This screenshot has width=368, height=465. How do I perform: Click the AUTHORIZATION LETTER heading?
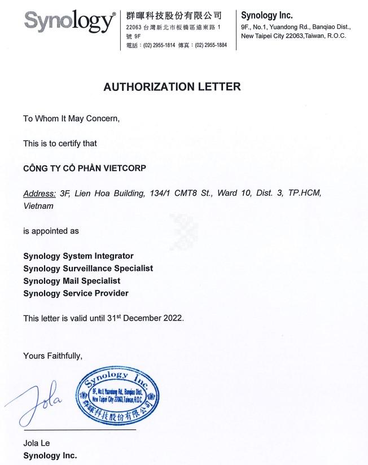click(172, 87)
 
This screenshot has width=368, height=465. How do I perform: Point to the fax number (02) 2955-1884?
click(211, 45)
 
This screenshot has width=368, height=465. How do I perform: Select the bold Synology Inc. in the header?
click(267, 16)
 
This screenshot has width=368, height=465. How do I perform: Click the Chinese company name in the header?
click(173, 15)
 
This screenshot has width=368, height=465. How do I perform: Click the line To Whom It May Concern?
click(71, 119)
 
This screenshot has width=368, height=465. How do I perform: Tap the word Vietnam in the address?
click(38, 206)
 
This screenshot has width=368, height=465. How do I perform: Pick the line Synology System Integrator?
click(78, 256)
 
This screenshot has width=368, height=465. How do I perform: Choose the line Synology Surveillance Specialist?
click(88, 269)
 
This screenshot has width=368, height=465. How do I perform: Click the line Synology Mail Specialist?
click(72, 281)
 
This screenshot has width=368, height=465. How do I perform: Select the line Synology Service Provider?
click(76, 293)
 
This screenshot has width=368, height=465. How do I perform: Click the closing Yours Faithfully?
click(52, 356)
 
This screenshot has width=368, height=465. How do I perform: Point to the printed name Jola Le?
click(37, 443)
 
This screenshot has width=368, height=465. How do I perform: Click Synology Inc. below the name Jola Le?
click(50, 455)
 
